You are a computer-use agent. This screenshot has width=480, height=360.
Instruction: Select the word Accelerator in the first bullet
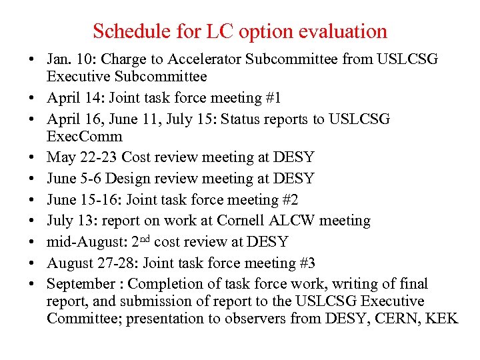point(201,59)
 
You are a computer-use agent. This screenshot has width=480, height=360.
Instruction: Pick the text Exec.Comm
point(85,137)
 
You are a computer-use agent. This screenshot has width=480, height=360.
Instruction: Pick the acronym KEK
point(443,319)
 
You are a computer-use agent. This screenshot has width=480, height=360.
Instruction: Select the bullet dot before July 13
point(31,221)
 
